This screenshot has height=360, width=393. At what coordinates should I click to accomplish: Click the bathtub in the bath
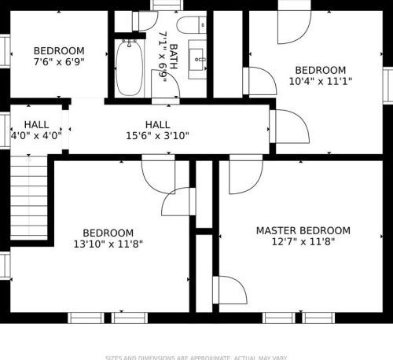pos(127,67)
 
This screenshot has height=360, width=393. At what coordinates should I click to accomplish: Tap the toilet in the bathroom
pos(189,24)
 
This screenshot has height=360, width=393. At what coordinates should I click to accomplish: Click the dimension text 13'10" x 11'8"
pos(108,244)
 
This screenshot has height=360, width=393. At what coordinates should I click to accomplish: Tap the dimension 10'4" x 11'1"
pos(320,81)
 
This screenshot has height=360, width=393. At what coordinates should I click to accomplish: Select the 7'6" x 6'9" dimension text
pos(59,61)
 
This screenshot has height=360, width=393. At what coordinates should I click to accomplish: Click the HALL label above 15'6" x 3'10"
pos(157,124)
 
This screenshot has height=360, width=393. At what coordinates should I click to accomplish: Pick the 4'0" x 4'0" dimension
pos(35,135)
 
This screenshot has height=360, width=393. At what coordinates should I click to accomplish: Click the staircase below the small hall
pos(29,197)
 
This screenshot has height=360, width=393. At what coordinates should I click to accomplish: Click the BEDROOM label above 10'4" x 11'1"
pos(320,70)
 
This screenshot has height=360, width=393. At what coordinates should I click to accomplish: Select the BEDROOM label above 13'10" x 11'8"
pos(108,233)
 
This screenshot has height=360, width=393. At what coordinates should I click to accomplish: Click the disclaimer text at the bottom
pos(196,357)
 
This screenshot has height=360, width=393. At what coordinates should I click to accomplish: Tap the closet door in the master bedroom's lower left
pos(228,292)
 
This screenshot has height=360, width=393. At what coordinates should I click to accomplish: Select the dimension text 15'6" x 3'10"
pos(157,135)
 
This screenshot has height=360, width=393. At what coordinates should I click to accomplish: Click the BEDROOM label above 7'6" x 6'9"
pos(59,49)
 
